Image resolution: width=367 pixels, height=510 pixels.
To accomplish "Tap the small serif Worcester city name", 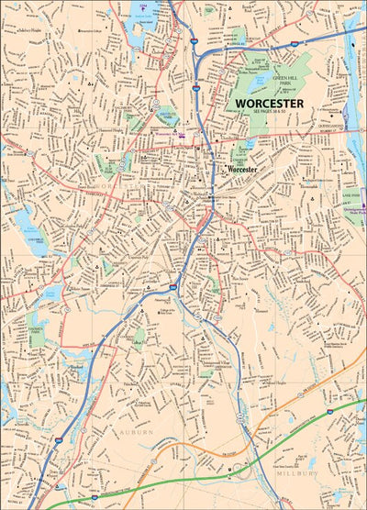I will click(x=244, y=170).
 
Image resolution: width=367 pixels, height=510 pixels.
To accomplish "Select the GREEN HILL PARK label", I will click(x=286, y=82).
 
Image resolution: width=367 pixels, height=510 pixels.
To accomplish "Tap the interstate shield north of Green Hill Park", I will click(x=293, y=42).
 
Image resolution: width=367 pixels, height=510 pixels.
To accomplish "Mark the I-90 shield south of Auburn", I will click(x=58, y=487).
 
